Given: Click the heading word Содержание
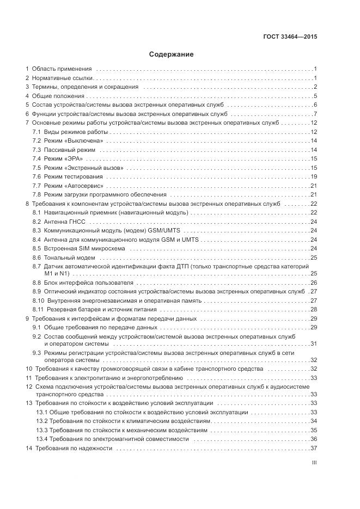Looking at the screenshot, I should pyautogui.click(x=171, y=54).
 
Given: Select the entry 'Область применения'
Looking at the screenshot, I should pyautogui.click(x=62, y=69).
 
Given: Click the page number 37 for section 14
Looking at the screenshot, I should pyautogui.click(x=314, y=448).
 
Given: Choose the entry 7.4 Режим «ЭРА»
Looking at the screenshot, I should pyautogui.click(x=57, y=158).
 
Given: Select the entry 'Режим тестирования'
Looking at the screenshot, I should pyautogui.click(x=73, y=176).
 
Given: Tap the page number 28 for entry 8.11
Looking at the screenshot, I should pyautogui.click(x=314, y=309).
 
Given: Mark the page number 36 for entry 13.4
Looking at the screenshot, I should pyautogui.click(x=314, y=439).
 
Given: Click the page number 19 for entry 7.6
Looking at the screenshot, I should pyautogui.click(x=314, y=176).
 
